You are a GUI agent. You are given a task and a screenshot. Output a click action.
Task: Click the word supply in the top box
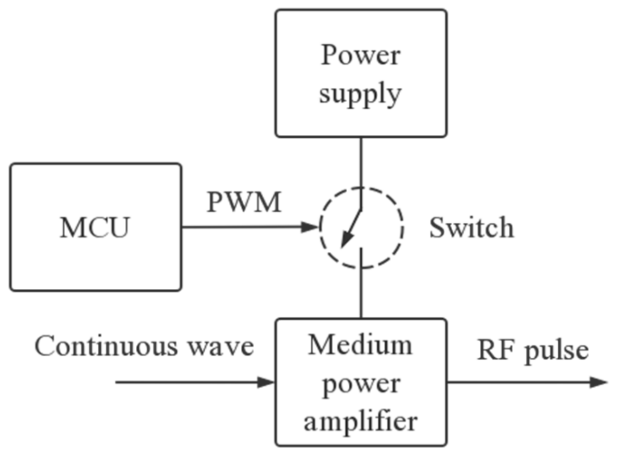pos(360,93)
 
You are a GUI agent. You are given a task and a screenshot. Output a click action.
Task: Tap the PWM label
pos(244,202)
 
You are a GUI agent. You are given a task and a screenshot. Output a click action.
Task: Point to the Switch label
pos(471,228)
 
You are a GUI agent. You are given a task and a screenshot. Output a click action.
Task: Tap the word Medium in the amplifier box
pos(360,345)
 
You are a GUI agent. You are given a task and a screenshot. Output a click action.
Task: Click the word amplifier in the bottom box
pos(360,421)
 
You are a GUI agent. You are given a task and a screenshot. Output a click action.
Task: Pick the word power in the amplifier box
pos(360,384)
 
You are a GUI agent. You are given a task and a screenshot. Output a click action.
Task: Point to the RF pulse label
pos(532,350)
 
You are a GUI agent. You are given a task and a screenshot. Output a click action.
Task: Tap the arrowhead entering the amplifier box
pos(266,383)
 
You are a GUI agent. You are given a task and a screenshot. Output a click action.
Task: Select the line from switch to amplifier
pos(361,294)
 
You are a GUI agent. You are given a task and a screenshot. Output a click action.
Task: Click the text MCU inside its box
pos(95,228)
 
